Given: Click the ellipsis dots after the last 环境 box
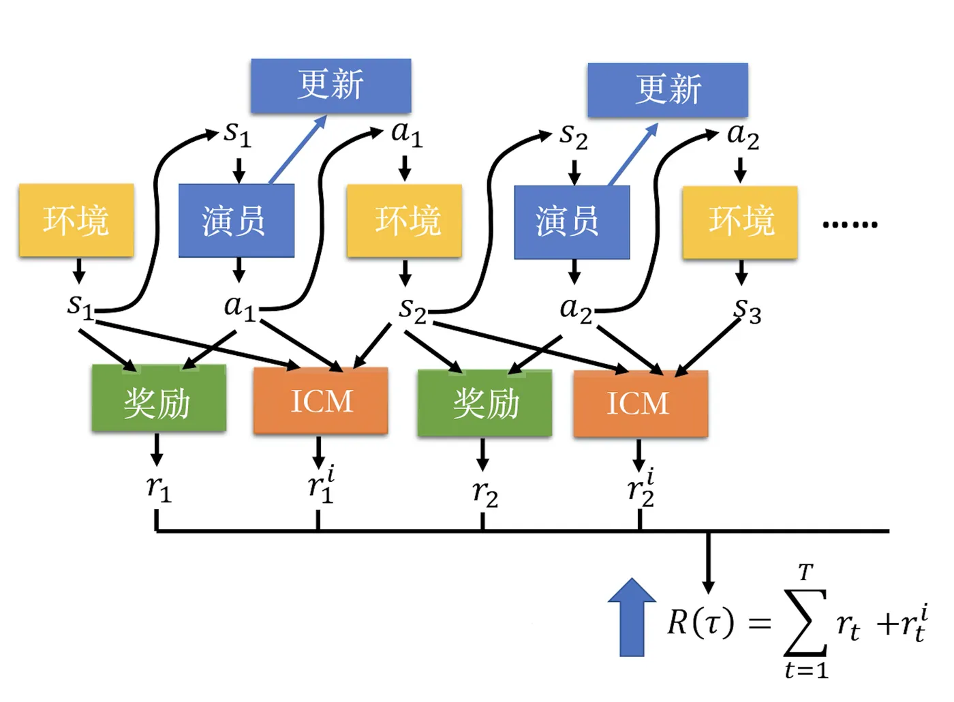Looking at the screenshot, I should [x=850, y=224].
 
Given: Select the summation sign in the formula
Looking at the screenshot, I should [x=805, y=622].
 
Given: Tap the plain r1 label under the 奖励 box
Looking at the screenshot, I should [x=158, y=488].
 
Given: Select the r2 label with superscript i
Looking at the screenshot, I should [x=641, y=488].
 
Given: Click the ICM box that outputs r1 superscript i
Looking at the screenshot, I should [x=320, y=401].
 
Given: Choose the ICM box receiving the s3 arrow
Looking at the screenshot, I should [x=641, y=403].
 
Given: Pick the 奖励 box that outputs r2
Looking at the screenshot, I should [x=484, y=403].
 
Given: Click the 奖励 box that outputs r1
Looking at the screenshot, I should [x=159, y=398].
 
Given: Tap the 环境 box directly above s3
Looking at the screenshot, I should [x=740, y=222].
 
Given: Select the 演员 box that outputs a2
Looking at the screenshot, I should [x=572, y=222].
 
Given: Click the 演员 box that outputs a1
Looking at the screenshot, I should [x=236, y=220].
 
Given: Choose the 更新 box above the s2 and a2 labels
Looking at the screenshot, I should [x=667, y=90].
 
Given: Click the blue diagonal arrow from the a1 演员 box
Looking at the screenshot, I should [x=298, y=150].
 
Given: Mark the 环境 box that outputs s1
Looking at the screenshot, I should [x=76, y=220].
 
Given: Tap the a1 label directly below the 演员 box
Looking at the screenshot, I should [x=239, y=307].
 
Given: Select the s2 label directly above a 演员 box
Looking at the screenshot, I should [x=573, y=137].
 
